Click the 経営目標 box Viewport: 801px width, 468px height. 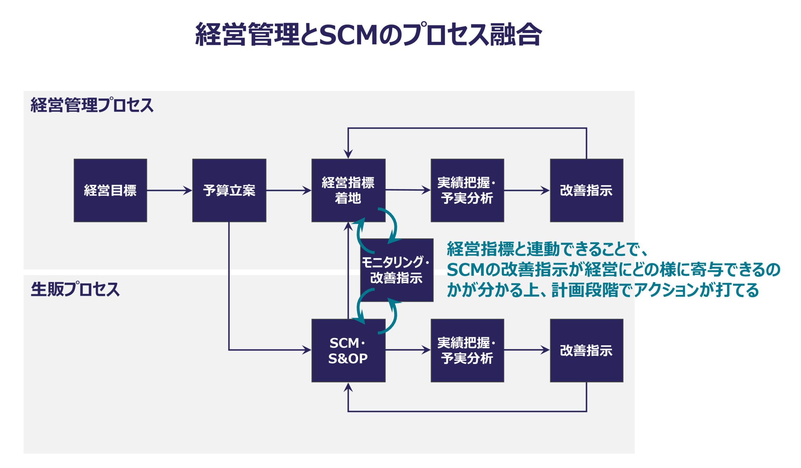pyautogui.click(x=110, y=190)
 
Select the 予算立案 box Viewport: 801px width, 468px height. pyautogui.click(x=229, y=190)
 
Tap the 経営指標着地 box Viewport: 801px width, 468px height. pyautogui.click(x=348, y=190)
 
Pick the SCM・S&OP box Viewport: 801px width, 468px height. pyautogui.click(x=348, y=351)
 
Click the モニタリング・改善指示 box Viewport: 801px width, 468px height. pyautogui.click(x=397, y=270)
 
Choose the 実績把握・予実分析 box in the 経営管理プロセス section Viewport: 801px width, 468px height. pyautogui.click(x=468, y=190)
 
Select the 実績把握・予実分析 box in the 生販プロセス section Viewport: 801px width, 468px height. pyautogui.click(x=468, y=351)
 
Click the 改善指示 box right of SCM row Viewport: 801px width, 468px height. pyautogui.click(x=587, y=351)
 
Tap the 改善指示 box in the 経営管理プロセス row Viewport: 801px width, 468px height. pyautogui.click(x=587, y=190)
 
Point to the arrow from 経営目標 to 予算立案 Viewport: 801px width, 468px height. pyautogui.click(x=170, y=190)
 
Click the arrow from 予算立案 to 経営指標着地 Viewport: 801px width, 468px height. pyautogui.click(x=289, y=190)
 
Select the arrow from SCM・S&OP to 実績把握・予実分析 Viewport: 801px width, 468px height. pyautogui.click(x=408, y=350)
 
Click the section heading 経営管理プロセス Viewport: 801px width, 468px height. pyautogui.click(x=92, y=105)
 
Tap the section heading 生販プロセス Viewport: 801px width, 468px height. pyautogui.click(x=75, y=289)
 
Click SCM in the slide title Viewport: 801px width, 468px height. pyautogui.click(x=348, y=35)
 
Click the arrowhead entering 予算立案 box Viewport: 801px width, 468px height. pyautogui.click(x=188, y=190)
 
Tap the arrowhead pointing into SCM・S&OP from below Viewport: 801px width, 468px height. pyautogui.click(x=348, y=387)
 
